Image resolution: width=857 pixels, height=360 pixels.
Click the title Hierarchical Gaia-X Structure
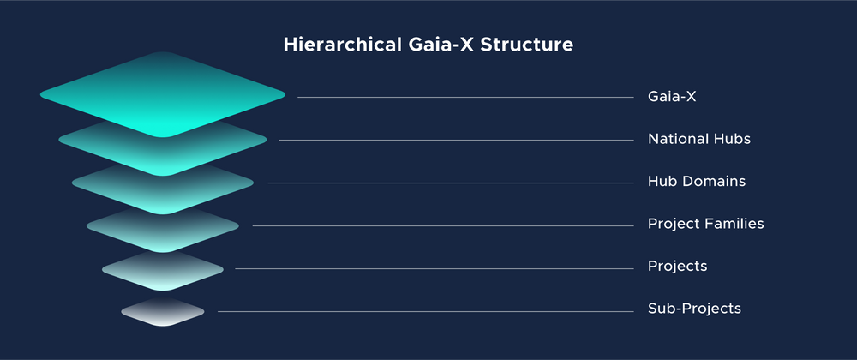click(x=428, y=45)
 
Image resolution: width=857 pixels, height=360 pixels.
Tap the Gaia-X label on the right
click(x=672, y=97)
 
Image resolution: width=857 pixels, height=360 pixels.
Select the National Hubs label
click(x=698, y=139)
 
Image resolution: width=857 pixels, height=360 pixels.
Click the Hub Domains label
click(x=696, y=182)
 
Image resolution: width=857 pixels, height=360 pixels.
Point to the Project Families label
click(x=705, y=224)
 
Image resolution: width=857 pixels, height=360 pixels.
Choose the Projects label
click(x=677, y=267)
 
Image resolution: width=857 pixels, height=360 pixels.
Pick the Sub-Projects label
click(x=694, y=309)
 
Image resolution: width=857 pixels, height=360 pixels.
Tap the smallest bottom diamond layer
click(x=163, y=312)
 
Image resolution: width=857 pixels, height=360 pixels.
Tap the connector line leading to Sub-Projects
click(x=425, y=311)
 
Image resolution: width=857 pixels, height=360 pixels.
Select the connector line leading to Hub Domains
click(x=450, y=183)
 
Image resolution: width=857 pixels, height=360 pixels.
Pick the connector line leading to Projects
click(x=434, y=268)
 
